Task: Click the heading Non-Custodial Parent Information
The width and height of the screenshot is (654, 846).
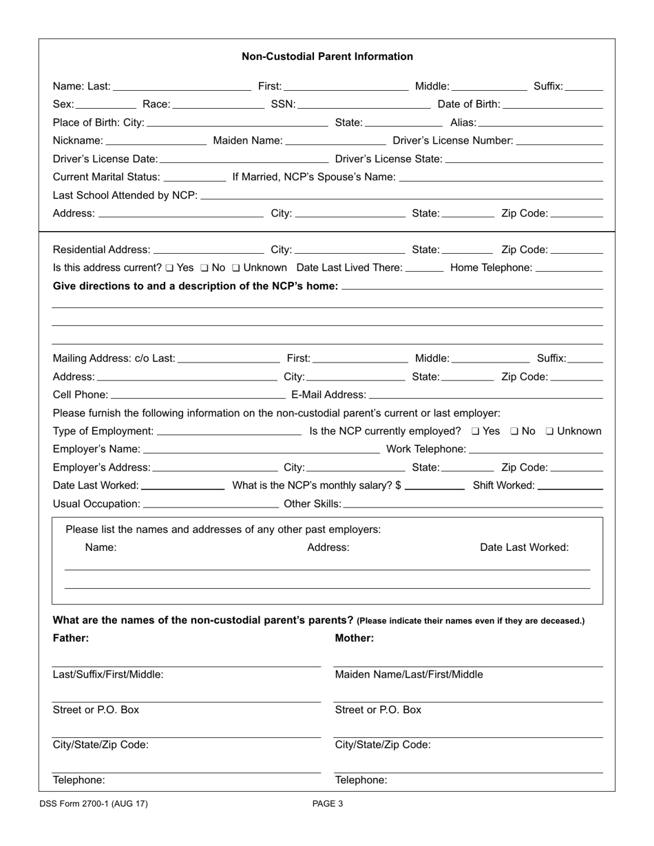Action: (x=327, y=56)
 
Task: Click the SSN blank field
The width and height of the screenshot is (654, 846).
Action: (x=363, y=105)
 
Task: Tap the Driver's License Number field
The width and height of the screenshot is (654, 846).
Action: (x=559, y=141)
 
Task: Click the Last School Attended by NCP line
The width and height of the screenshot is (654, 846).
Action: (x=401, y=196)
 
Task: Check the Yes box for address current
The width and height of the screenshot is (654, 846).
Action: (x=169, y=268)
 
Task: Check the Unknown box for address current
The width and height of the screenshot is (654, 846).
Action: (x=236, y=268)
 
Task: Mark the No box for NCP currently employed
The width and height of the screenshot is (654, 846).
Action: (x=514, y=432)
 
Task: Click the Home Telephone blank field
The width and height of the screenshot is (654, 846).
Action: (x=569, y=268)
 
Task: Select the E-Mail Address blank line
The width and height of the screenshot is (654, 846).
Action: (x=486, y=395)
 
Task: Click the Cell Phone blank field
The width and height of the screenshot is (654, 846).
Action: (x=198, y=395)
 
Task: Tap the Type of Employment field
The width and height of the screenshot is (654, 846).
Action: (x=229, y=432)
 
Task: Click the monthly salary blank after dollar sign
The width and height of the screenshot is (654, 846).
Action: (x=435, y=486)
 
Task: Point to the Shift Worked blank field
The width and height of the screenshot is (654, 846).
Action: (x=570, y=486)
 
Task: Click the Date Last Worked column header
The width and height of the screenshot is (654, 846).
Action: (x=524, y=547)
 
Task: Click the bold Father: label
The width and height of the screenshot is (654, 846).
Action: (x=71, y=638)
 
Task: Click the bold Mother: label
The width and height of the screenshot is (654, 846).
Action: (x=355, y=638)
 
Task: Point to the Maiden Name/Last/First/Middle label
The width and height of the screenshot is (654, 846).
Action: (x=409, y=675)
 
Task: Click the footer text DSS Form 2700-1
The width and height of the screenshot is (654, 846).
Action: (x=94, y=803)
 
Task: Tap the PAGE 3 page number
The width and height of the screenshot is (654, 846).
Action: (x=328, y=803)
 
